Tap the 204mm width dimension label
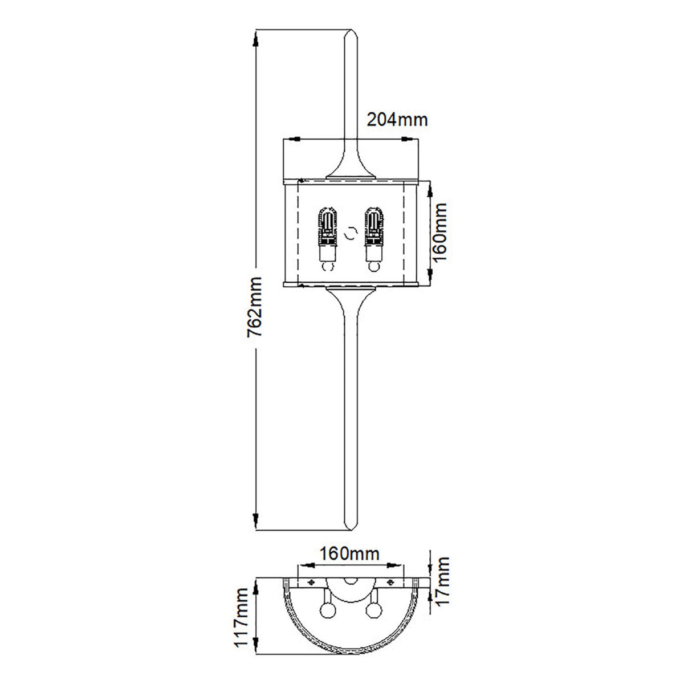point(397,120)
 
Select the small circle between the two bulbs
point(350,233)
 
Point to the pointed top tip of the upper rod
point(349,28)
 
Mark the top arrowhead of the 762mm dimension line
point(256,39)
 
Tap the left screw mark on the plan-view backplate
point(311,581)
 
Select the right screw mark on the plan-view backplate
point(390,581)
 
